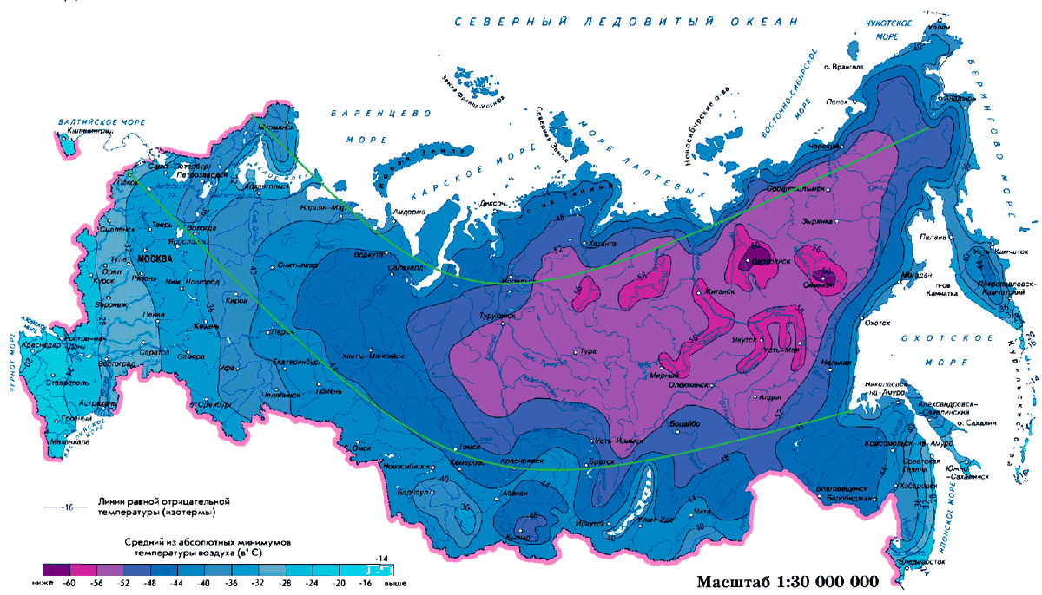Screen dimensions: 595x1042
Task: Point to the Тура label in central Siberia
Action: pos(588,351)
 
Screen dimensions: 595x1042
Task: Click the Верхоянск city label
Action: pos(771,260)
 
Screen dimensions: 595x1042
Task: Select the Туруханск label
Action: pos(499,317)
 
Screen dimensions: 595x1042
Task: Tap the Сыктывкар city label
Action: pos(299,265)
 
